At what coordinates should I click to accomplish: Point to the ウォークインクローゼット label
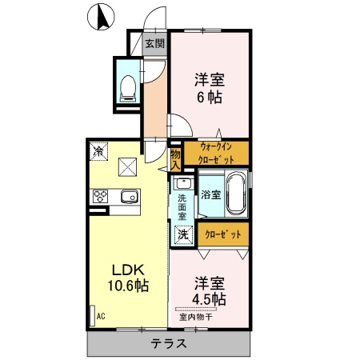point(216,152)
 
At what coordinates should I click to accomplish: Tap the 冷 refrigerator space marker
point(98,150)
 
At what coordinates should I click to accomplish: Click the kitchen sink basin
point(128,196)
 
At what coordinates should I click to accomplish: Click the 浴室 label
point(210,194)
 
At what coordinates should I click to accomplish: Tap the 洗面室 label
point(182,207)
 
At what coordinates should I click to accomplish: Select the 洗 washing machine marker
point(182,235)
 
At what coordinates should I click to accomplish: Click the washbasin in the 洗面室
point(181,182)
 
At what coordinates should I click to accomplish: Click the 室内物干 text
point(194,317)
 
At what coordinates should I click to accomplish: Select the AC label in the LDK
point(100,316)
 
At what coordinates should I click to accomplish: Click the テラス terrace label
point(169,345)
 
